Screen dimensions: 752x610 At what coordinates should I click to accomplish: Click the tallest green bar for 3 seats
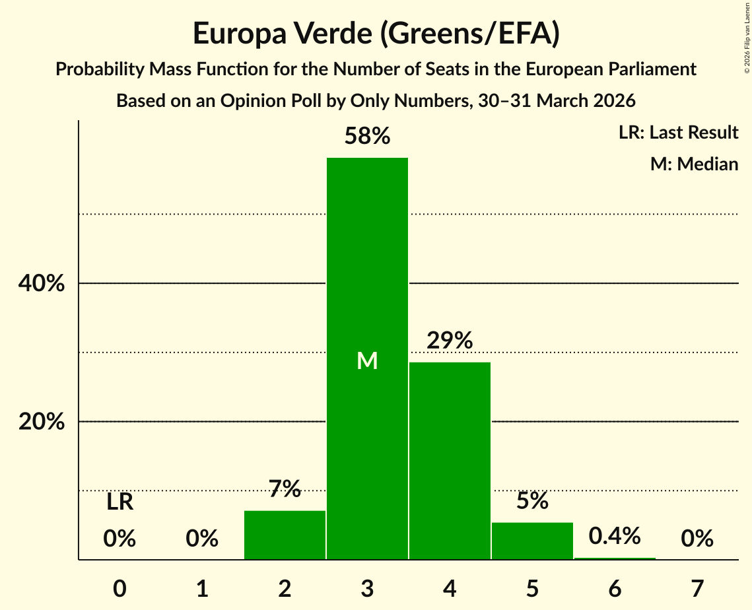click(x=367, y=358)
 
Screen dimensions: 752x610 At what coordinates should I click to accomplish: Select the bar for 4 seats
click(x=450, y=461)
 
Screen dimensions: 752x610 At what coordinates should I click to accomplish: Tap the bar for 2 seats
click(x=285, y=535)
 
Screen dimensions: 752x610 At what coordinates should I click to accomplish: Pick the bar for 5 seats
click(x=532, y=541)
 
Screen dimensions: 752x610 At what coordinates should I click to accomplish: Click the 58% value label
click(x=367, y=136)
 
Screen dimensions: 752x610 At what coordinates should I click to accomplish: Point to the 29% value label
click(x=450, y=341)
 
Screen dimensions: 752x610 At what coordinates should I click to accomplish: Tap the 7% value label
click(x=285, y=489)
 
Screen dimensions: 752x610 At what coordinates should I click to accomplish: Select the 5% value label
click(x=532, y=500)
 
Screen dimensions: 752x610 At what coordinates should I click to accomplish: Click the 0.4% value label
click(x=615, y=535)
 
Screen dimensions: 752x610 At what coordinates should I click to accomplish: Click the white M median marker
click(x=367, y=360)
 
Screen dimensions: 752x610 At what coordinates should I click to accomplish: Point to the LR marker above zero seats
click(x=120, y=502)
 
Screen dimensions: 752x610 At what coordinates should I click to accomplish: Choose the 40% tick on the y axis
click(x=41, y=283)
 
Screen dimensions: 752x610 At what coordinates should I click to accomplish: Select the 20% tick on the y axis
click(x=41, y=422)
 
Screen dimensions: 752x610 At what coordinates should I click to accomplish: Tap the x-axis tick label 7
click(x=697, y=588)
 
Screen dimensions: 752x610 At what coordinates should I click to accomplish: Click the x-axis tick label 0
click(x=120, y=588)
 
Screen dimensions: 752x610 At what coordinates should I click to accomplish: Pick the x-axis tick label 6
click(x=615, y=588)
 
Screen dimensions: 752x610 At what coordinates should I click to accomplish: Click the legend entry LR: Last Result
click(x=678, y=132)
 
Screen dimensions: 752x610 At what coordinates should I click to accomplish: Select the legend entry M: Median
click(x=694, y=164)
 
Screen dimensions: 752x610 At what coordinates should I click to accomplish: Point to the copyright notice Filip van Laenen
click(x=747, y=38)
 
